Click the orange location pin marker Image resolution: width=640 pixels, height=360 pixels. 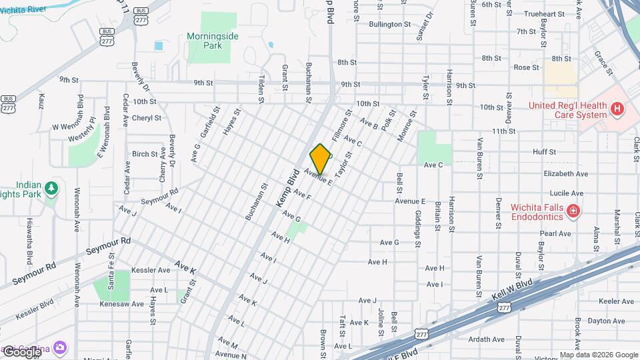point(321,159)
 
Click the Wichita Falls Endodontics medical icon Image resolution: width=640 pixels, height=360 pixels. point(573,212)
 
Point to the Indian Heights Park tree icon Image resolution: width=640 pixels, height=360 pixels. point(51,189)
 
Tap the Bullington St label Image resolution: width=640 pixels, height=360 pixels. point(390,25)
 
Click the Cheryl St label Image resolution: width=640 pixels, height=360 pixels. point(146,118)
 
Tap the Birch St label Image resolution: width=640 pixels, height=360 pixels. point(145,154)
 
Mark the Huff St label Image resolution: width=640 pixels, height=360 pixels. point(544,152)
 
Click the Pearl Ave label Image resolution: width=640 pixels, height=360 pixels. point(555,234)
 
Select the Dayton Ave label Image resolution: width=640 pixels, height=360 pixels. point(588,321)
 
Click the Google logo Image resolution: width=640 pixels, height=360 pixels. point(21,351)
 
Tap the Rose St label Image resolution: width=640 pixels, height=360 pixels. point(526,67)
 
